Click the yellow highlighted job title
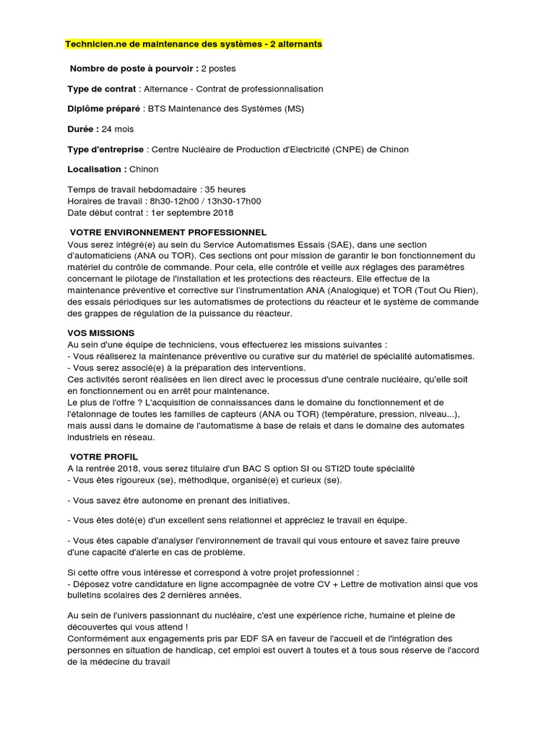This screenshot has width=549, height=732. [194, 44]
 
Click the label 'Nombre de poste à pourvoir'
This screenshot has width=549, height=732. [132, 69]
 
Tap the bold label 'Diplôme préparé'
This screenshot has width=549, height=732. [105, 109]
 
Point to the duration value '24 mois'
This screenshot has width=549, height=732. [117, 129]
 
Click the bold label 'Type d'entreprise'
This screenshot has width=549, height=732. [107, 149]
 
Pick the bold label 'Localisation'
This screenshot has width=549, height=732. [97, 169]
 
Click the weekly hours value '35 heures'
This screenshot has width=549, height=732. [225, 189]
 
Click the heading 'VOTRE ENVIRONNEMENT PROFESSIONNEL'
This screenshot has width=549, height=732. [168, 232]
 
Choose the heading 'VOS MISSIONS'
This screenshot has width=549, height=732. [101, 333]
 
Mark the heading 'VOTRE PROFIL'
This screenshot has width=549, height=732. [104, 456]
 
